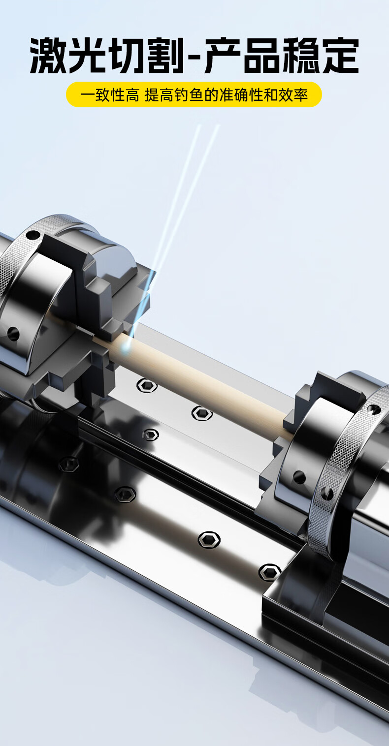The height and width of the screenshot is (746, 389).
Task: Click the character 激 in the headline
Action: pos(49,56)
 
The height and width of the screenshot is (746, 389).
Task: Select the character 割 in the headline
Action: pos(165,56)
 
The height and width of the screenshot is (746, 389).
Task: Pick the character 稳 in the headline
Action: pos(301,56)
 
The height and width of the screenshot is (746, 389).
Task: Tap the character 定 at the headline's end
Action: pos(340,56)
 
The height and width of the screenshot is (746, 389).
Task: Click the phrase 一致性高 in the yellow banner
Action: pos(110,95)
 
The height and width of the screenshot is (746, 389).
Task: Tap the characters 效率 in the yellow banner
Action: pos(293,95)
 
